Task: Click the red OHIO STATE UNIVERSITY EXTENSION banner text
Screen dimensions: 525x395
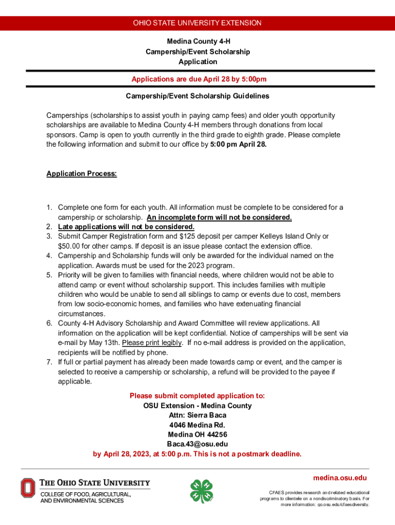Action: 197,23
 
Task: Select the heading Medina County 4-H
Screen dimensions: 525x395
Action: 197,42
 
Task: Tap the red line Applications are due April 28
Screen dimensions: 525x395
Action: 199,79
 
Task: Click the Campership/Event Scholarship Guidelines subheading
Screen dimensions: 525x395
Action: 197,96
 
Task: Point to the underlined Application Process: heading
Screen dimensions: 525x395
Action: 82,174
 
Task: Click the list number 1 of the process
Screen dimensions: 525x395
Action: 49,208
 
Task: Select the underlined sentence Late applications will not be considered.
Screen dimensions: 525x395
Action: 126,227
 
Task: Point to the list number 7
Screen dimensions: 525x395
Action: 49,362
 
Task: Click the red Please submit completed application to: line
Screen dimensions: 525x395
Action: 197,396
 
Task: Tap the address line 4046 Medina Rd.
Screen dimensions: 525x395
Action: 197,425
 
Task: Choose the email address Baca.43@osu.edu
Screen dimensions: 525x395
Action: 197,444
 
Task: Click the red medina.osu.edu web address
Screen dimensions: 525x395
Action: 340,478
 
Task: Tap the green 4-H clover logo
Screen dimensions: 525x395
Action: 201,492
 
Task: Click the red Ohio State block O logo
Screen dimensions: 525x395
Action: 28,488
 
